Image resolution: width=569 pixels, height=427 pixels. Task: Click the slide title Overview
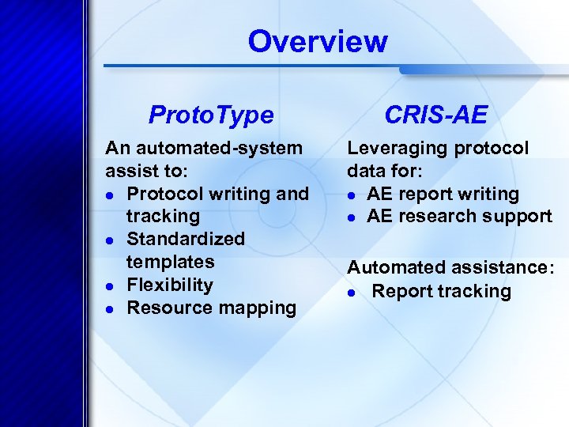tap(318, 41)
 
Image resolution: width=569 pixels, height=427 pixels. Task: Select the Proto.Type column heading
tap(211, 115)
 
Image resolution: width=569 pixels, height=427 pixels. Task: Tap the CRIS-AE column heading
tap(435, 115)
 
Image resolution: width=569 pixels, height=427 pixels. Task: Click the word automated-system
tap(218, 148)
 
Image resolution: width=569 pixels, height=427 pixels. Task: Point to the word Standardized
tap(186, 239)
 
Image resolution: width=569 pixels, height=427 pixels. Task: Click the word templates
tap(170, 262)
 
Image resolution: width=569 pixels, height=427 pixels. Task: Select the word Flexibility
tap(170, 285)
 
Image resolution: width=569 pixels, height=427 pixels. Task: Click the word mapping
tap(256, 308)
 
